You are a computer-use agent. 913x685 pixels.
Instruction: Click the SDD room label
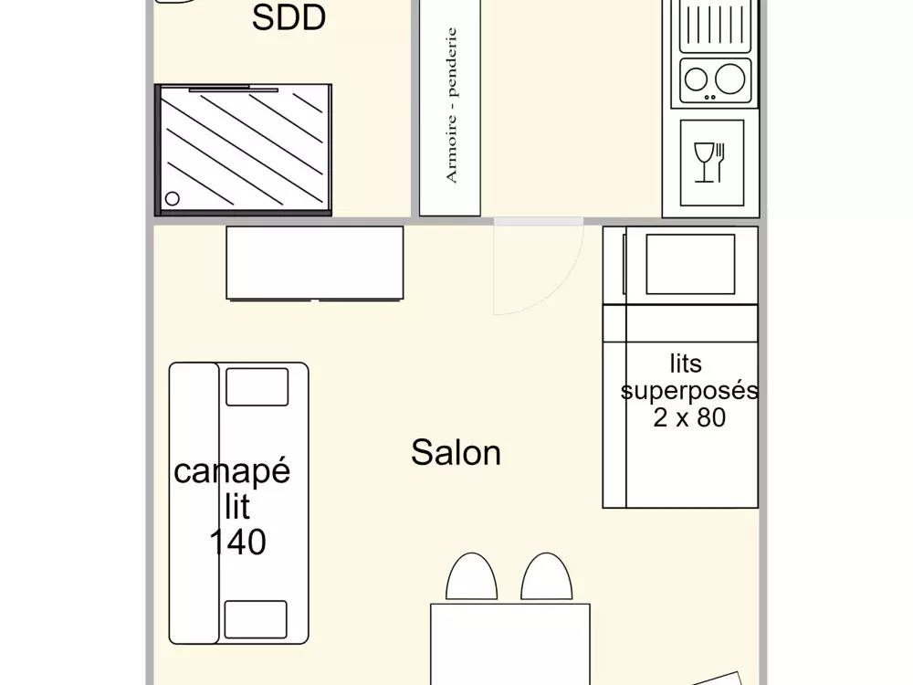click(289, 18)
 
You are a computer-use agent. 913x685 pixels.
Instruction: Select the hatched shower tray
click(243, 150)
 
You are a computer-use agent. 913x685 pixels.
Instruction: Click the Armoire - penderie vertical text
click(451, 105)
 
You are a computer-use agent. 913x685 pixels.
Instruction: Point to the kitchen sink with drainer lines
click(716, 26)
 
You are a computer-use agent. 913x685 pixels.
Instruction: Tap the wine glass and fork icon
click(709, 163)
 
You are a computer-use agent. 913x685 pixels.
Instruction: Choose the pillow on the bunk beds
click(690, 264)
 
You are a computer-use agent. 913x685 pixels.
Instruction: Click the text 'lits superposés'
click(688, 377)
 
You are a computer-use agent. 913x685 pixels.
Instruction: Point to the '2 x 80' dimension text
click(689, 418)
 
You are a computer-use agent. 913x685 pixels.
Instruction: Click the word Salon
click(456, 453)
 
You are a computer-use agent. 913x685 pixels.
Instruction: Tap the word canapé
click(232, 472)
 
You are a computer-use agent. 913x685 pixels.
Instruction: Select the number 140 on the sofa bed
click(237, 543)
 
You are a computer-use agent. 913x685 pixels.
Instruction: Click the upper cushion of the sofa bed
click(257, 386)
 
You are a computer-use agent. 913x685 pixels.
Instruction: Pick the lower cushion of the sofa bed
click(256, 619)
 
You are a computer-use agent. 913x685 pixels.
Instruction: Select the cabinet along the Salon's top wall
click(314, 263)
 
